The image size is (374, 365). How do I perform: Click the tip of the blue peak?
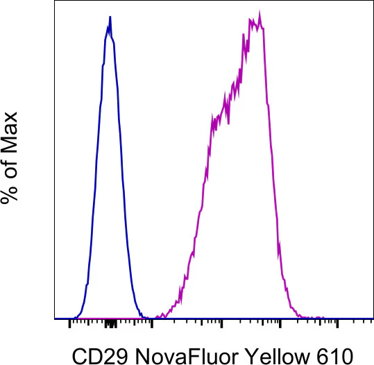(x=110, y=17)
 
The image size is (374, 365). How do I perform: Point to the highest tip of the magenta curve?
(x=260, y=11)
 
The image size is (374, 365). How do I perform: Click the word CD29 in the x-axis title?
(x=100, y=357)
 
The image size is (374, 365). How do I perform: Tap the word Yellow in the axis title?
(x=278, y=357)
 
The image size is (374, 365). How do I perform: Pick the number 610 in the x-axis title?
(x=334, y=357)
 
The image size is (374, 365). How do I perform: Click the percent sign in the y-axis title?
(x=9, y=192)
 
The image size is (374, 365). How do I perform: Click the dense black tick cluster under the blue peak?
(x=111, y=324)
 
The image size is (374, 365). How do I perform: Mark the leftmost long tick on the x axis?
(x=69, y=323)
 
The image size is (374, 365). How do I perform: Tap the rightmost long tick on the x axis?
(x=337, y=323)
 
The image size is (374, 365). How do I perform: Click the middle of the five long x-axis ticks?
(x=221, y=323)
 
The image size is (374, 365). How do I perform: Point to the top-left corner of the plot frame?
(x=55, y=1)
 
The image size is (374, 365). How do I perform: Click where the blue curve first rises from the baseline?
(x=74, y=318)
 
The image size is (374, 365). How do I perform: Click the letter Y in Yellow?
(x=251, y=357)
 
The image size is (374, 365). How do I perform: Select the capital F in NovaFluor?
(x=194, y=357)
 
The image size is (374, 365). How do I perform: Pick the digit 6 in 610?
(x=322, y=357)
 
